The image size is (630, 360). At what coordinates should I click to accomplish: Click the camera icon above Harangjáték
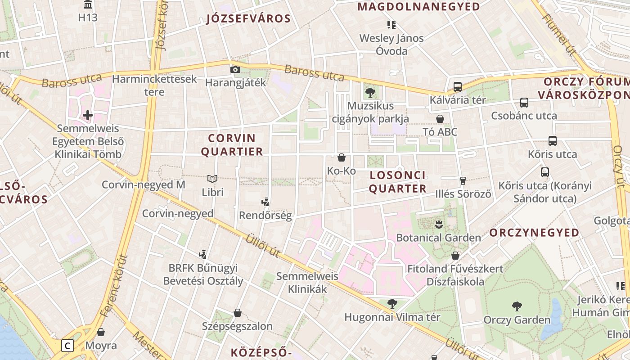click(x=235, y=69)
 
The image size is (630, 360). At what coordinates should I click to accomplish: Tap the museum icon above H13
click(x=88, y=4)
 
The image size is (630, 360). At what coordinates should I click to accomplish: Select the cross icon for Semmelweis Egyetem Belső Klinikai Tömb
click(x=88, y=115)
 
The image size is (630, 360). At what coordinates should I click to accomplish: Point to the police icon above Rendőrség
click(x=265, y=202)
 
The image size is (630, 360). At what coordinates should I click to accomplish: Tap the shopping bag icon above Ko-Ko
click(x=341, y=157)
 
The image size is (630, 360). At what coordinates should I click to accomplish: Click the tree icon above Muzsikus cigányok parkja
click(x=370, y=93)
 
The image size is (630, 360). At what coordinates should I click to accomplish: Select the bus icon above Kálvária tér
click(x=458, y=86)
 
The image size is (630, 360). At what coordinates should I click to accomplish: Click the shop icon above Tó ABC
click(x=440, y=119)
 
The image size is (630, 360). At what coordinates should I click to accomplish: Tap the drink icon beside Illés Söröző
click(x=463, y=181)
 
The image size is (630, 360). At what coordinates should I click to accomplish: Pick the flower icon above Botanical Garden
click(x=438, y=224)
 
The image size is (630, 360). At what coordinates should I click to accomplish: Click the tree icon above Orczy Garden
click(x=517, y=306)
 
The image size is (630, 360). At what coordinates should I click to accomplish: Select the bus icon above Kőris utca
click(x=553, y=140)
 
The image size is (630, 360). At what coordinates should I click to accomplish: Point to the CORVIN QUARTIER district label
click(x=232, y=144)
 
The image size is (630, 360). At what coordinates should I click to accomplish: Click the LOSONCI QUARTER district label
click(x=397, y=182)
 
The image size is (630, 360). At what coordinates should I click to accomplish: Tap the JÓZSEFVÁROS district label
click(x=248, y=18)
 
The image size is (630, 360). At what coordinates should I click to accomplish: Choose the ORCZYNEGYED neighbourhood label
click(x=528, y=232)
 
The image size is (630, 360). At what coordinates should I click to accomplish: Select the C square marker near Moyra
click(x=67, y=346)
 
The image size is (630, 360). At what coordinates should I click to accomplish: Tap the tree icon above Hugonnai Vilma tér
click(x=392, y=304)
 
